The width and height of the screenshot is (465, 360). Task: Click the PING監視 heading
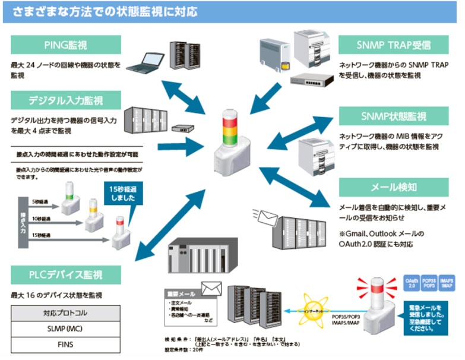[66, 45]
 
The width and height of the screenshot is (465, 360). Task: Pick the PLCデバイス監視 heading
[66, 274]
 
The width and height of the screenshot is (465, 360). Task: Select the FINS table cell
[66, 345]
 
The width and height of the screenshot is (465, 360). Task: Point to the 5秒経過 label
[41, 201]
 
